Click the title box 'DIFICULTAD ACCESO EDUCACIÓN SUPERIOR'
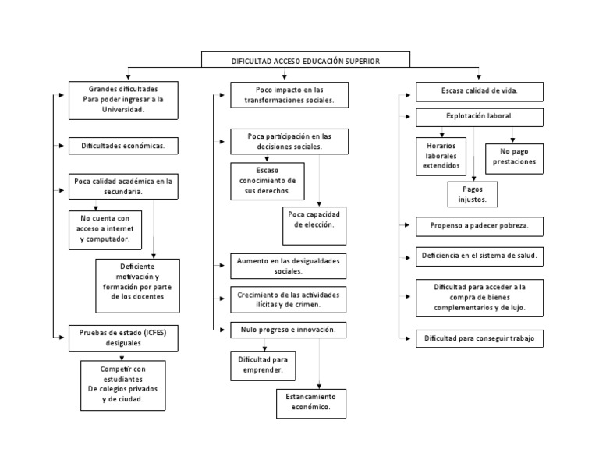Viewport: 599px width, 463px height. pos(306,60)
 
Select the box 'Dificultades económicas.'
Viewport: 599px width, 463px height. pos(123,146)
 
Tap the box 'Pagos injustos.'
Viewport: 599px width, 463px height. pos(473,194)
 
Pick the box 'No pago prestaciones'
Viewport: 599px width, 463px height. pos(514,159)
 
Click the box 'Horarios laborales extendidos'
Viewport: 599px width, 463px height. pos(441,157)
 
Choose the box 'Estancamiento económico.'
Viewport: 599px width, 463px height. pos(311,404)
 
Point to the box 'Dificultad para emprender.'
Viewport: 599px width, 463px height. pos(263,366)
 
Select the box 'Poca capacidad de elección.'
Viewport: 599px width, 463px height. pos(314,226)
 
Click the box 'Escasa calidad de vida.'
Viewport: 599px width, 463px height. pos(480,92)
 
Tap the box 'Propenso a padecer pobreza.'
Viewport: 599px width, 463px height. pos(480,227)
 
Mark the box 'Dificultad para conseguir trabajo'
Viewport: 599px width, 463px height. pos(480,338)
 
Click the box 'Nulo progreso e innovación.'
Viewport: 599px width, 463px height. pos(289,330)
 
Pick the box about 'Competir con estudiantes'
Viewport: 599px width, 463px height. pos(123,386)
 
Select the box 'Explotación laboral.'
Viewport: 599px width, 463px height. pos(480,118)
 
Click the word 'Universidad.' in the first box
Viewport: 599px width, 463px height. pos(123,110)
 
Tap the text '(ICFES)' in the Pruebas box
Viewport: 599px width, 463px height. pos(155,333)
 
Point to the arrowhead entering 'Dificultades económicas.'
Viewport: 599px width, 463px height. pos(62,146)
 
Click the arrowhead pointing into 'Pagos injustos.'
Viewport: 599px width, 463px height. pos(474,178)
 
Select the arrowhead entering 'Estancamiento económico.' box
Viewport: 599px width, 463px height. pos(319,387)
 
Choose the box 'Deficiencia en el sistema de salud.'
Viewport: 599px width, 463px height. pos(480,256)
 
